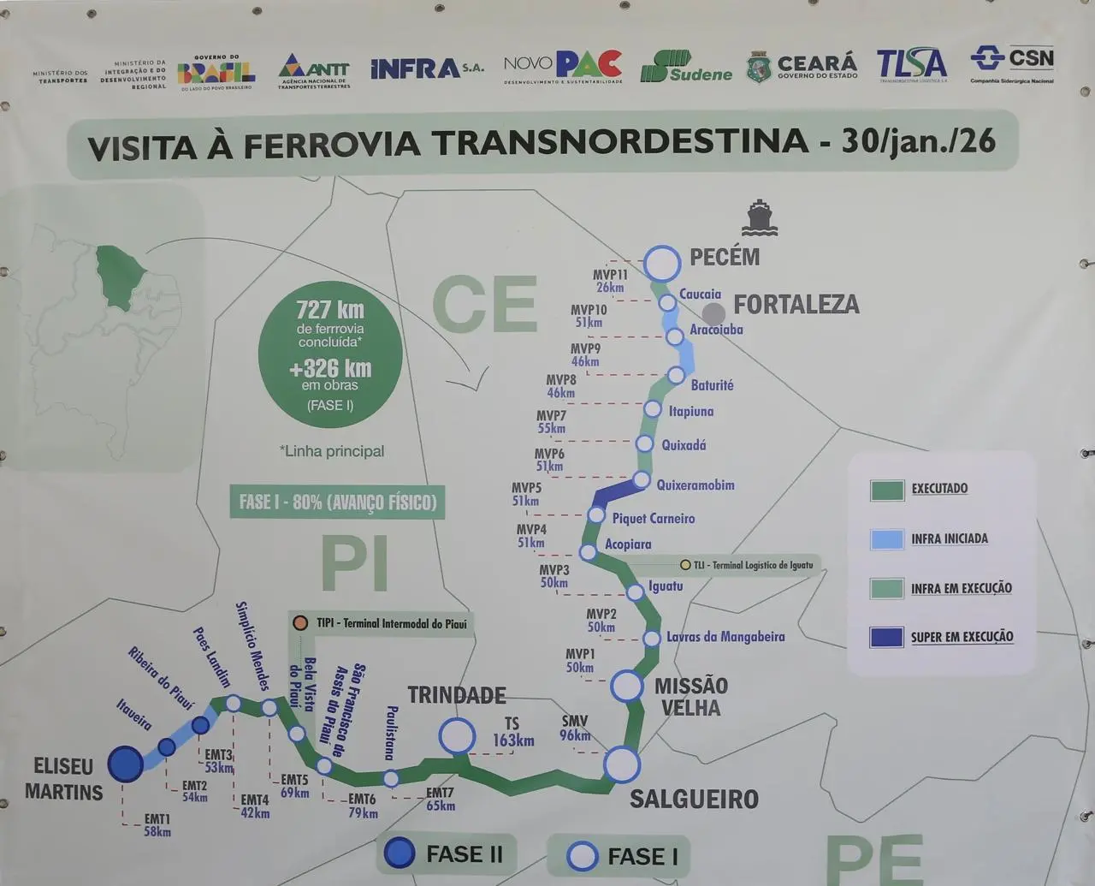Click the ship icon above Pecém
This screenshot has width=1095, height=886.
[x=759, y=217]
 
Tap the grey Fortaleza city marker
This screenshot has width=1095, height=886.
[x=713, y=314]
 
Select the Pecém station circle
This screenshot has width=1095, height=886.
[x=661, y=264]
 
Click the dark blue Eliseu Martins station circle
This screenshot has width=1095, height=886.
[x=126, y=764]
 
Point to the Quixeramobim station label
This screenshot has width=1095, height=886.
[x=695, y=485]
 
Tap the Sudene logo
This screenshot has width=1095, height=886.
[x=686, y=67]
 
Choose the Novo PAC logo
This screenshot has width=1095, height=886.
[x=562, y=66]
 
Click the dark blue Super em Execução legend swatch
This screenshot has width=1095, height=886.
[x=886, y=637]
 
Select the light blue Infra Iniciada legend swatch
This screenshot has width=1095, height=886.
[x=886, y=538]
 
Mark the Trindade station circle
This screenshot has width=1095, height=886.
[x=457, y=735]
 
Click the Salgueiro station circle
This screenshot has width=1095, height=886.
[x=622, y=764]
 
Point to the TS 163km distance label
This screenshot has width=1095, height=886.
[x=512, y=733]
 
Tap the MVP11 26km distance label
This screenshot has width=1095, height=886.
[x=611, y=281]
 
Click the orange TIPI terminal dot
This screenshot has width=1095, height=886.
[x=300, y=623]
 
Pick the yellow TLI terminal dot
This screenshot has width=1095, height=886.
[x=685, y=565]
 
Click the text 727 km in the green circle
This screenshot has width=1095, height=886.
[x=330, y=309]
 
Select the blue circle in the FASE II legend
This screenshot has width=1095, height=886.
[x=400, y=853]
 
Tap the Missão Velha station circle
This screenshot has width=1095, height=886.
[x=626, y=686]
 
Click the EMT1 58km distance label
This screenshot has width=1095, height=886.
[x=157, y=825]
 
